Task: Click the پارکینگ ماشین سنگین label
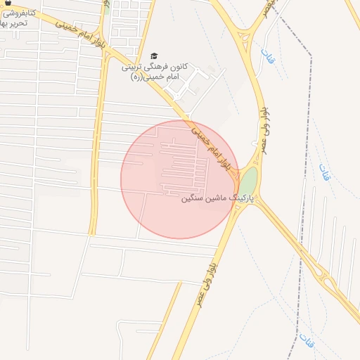[218, 199]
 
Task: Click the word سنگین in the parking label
[194, 199]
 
